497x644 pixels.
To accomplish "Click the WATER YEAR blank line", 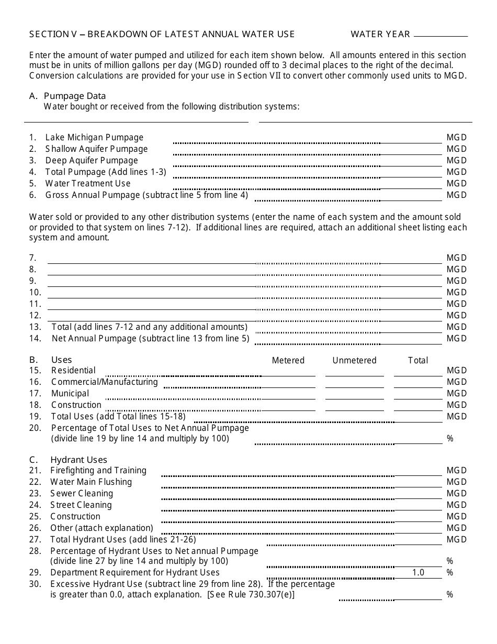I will pos(440,35).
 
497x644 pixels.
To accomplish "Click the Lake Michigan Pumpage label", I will pos(94,137).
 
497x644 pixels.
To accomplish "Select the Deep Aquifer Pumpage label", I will pos(92,160).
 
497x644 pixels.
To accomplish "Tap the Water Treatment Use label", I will pos(88,183).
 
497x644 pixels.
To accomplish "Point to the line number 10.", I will pos(35,292).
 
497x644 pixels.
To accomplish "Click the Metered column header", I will pos(288,360).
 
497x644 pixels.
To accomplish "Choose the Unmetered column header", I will pos(354,360).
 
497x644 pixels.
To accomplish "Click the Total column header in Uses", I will pos(418,360).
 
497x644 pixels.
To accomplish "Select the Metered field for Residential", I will pos(288,372).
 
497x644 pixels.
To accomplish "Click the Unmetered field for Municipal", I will pos(354,395).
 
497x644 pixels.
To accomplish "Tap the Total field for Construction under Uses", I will pos(418,406).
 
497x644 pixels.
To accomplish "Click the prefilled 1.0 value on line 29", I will pos(418,572).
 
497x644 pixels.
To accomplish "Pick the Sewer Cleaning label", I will pos(82,493).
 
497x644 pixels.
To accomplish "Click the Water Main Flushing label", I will pos(91,482).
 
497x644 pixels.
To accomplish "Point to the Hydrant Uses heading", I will pos(78,460).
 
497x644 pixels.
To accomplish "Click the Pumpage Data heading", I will pos(75,96).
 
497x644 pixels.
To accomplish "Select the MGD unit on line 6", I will pos(456,195).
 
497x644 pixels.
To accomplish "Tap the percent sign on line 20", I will pos(450,438).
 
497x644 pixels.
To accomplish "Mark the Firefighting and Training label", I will pos(98,470).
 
